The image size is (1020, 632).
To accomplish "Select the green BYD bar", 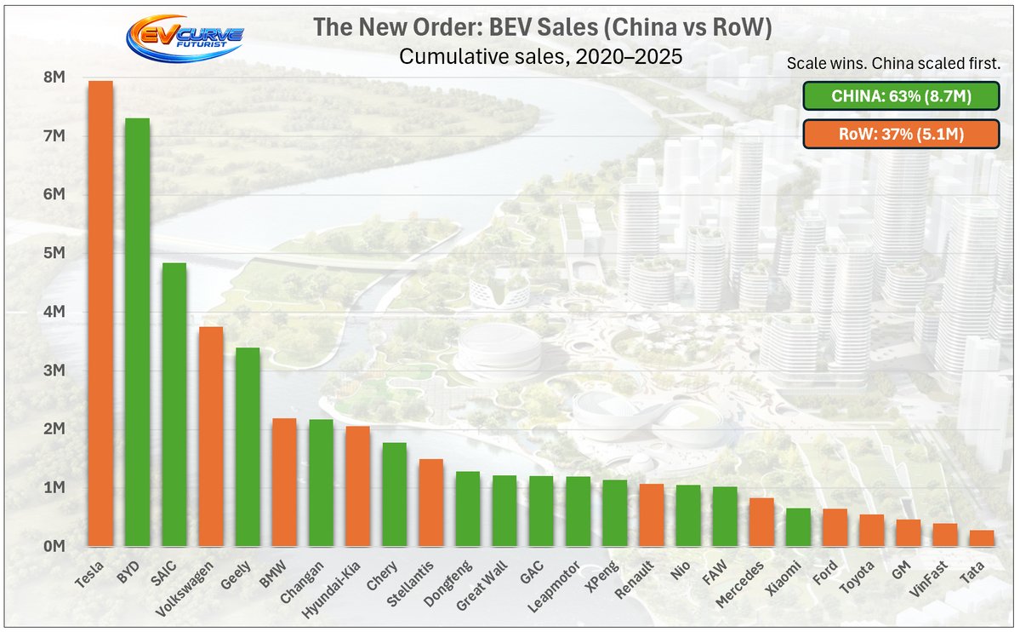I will pos(137,332).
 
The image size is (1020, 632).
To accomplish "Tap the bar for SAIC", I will pos(174,405).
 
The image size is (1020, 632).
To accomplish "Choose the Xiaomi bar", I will pos(797,527).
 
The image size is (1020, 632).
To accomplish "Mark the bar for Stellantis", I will pos(430,503).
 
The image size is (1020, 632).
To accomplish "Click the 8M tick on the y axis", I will pos(53,78).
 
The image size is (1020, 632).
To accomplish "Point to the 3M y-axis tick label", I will pos(53,371).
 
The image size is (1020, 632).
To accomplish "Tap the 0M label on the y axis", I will pos(53,546).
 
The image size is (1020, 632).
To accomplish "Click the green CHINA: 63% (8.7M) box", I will pos(900,96).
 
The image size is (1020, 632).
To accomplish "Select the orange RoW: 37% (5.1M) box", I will pos(900,134).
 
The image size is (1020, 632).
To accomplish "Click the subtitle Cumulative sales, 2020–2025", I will pos(541,58).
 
